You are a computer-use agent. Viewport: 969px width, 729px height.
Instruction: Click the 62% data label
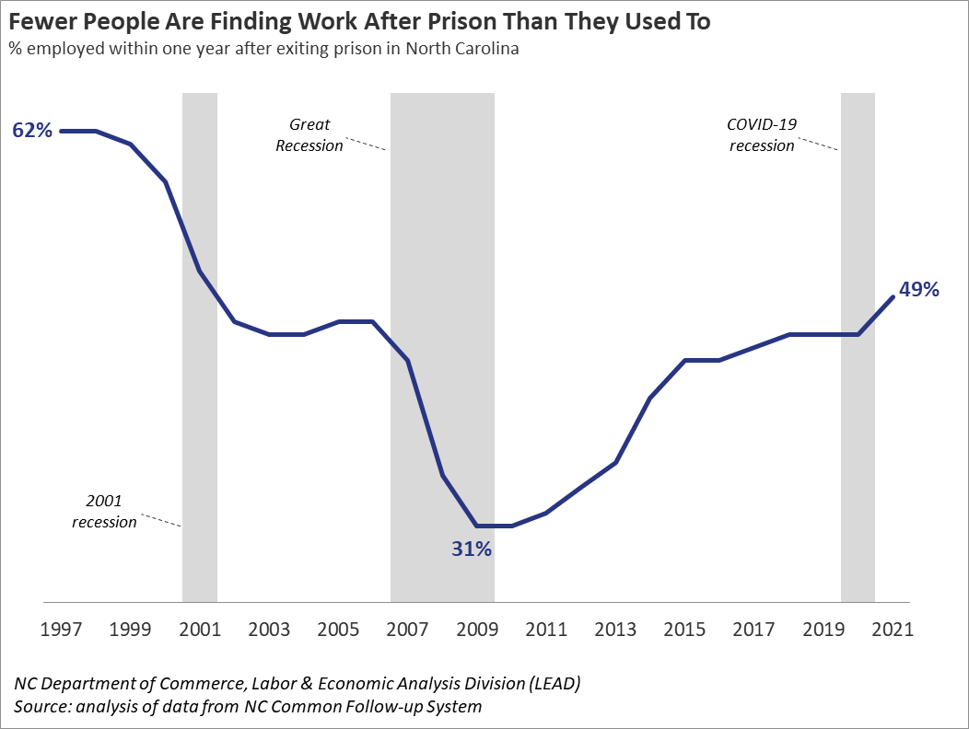coord(32,131)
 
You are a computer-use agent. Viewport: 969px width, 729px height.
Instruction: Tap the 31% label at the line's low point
coord(472,550)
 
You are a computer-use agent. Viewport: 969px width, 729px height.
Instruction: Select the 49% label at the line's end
coord(918,290)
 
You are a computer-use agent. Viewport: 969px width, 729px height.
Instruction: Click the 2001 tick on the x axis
coord(200,631)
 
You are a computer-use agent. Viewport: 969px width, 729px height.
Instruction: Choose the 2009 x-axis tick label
coord(477,631)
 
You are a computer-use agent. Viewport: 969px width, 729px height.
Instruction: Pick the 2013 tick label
coord(615,631)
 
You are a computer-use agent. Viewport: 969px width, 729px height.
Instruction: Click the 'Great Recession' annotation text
coord(309,134)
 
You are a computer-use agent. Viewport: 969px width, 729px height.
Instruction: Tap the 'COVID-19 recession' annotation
coord(761,134)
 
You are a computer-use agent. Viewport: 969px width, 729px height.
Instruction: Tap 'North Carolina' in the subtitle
coord(466,49)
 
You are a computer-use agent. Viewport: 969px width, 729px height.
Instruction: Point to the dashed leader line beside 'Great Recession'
coord(366,145)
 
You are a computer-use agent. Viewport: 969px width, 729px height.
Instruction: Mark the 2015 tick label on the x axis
coord(685,631)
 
